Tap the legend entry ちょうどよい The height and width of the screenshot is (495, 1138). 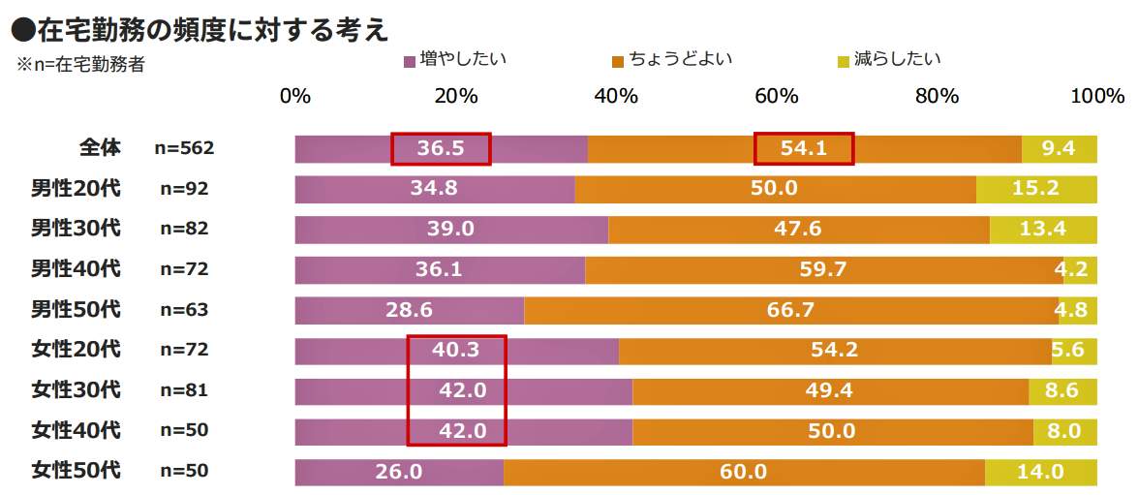point(671,60)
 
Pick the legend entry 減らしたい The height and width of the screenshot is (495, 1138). point(889,60)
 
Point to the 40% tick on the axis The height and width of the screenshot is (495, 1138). point(615,97)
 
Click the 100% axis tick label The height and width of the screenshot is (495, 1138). point(1096,97)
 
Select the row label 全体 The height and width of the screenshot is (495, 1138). point(100,148)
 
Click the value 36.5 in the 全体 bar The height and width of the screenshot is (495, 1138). point(442,149)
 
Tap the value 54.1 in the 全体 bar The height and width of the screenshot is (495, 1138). point(804,149)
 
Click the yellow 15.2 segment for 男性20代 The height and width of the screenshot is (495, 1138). point(1036,189)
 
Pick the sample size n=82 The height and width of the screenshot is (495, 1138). point(184,230)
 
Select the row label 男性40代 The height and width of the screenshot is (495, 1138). point(76,269)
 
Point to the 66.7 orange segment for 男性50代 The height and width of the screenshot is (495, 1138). point(792,310)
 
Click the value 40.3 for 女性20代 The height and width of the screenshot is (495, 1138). point(456,350)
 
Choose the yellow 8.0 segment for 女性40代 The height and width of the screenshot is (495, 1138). point(1064,431)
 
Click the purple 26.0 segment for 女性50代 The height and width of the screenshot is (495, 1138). point(399,472)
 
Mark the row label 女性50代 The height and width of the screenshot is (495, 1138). point(76,472)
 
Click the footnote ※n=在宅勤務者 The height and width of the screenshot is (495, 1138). point(80,66)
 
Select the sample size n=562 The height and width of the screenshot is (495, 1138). point(184,148)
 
